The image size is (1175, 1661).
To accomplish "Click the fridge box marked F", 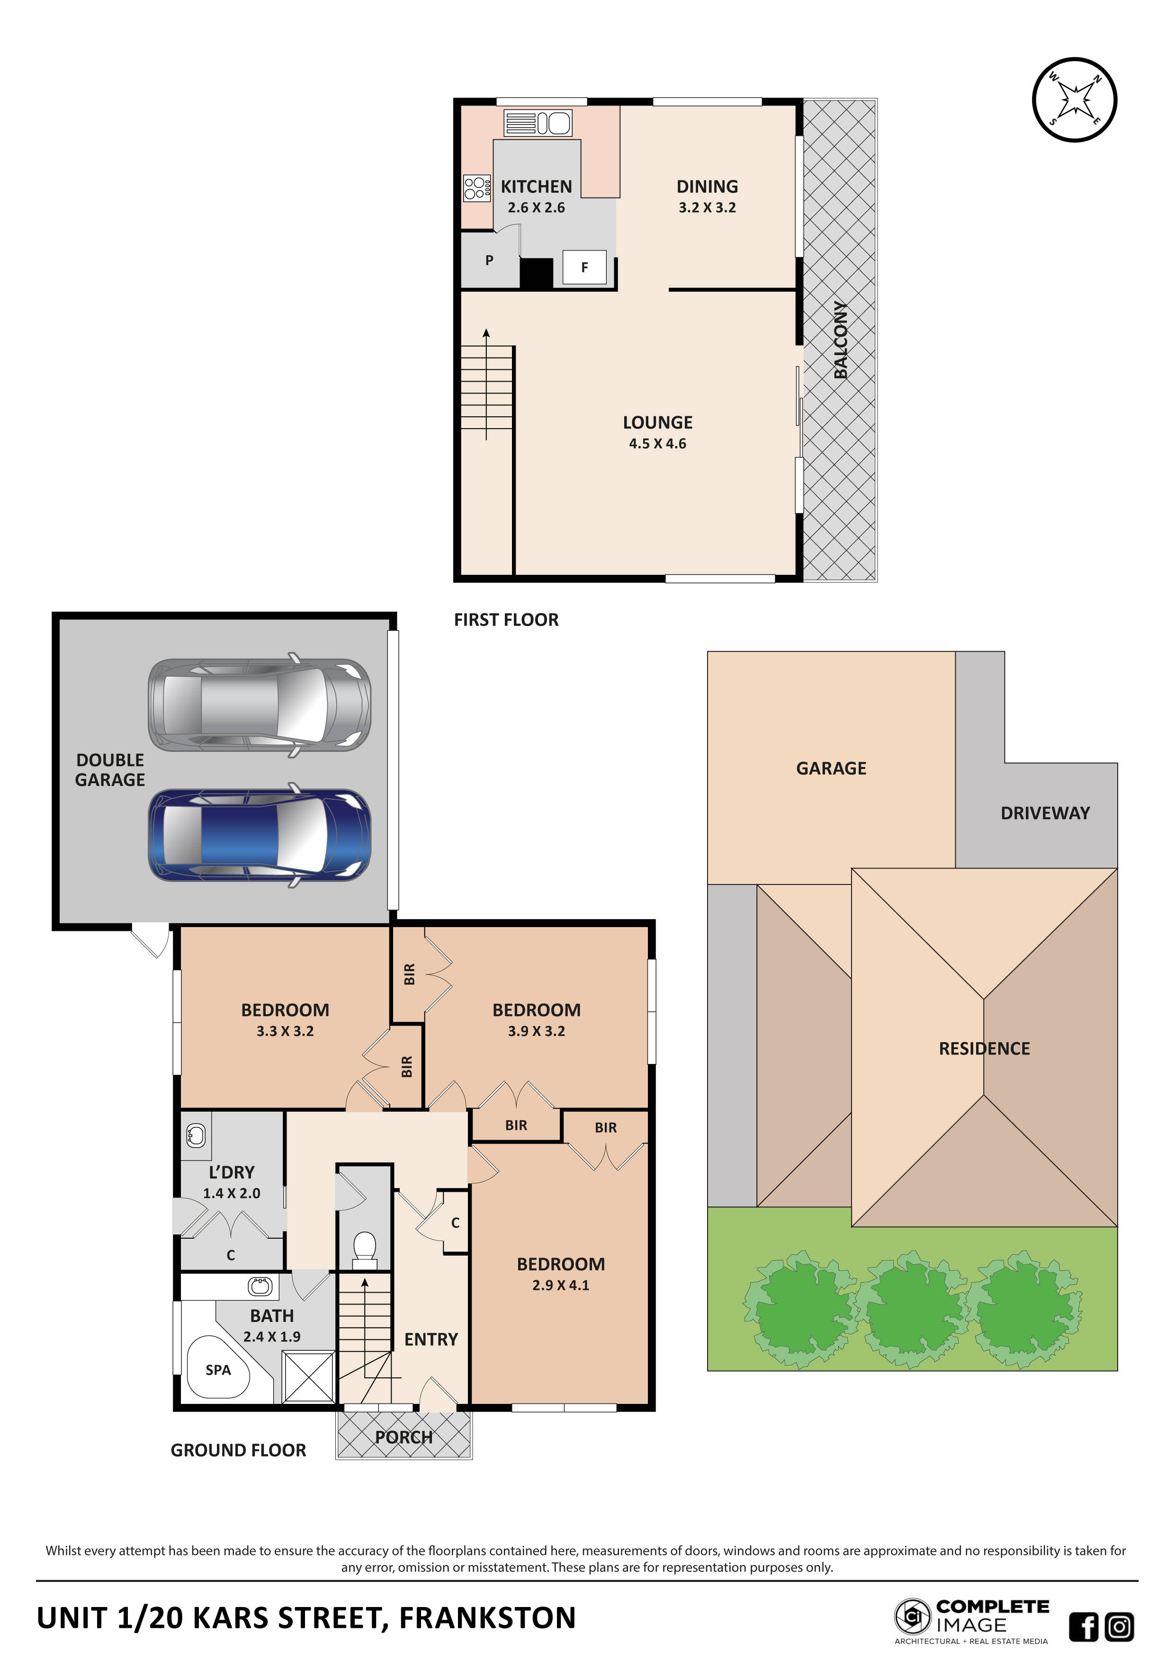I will pos(584,268).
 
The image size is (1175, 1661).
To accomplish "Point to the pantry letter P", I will pos(489,260).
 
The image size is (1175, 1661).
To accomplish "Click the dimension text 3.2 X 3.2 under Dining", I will pos(707,207).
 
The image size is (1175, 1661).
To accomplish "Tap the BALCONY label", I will pos(840,340).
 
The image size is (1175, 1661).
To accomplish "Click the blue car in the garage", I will pos(259,835).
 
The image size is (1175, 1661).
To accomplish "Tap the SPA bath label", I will pos(218,1369).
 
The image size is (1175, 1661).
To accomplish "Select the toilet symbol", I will pos(364,1250).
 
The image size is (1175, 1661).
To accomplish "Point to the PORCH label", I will pos(403,1438).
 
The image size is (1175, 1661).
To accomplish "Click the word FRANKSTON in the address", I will pos(487,1617).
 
